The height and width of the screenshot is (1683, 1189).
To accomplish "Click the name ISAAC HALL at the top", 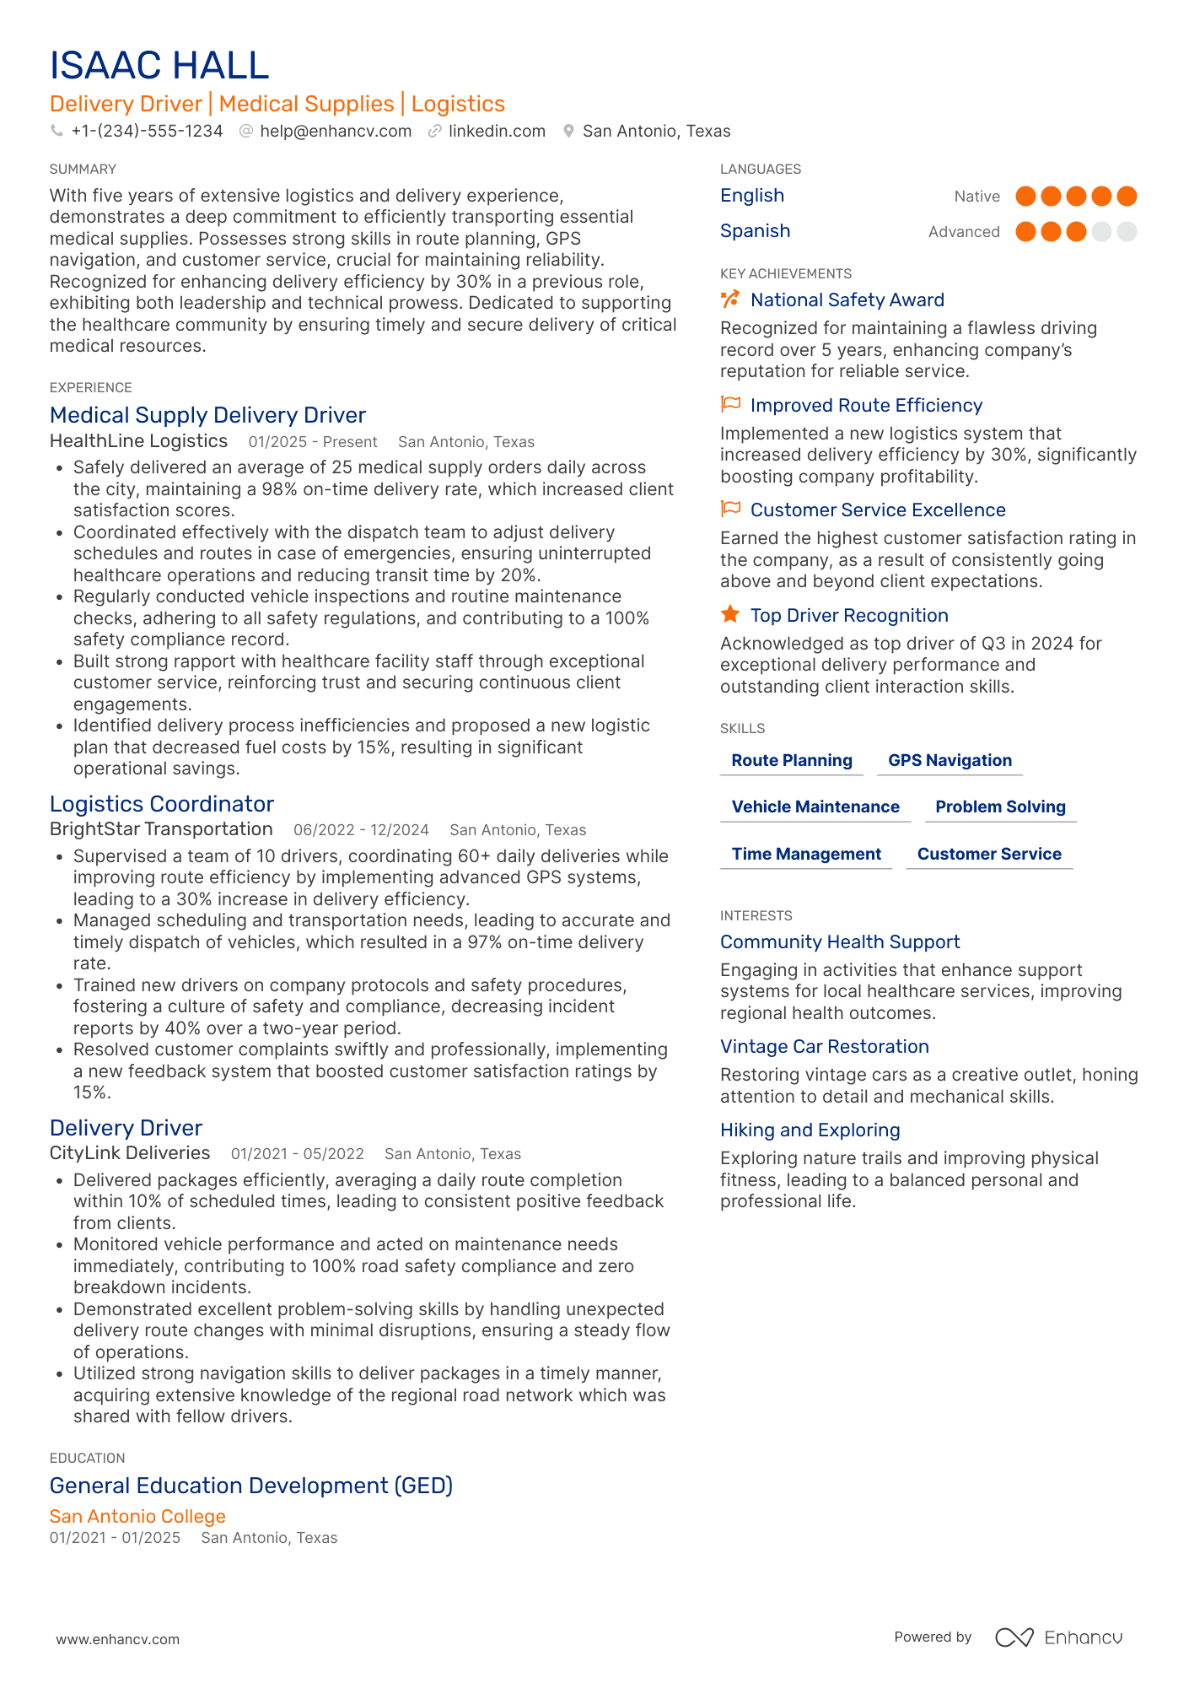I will click(159, 66).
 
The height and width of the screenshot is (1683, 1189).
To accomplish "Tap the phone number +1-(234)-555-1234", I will click(147, 132).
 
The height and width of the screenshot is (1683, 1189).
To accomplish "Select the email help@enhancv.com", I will click(336, 132).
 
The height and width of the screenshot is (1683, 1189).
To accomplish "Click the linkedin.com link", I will click(497, 132).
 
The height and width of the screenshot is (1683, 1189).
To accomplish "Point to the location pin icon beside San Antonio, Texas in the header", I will click(569, 132).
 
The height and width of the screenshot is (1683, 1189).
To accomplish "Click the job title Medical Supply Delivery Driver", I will click(207, 415).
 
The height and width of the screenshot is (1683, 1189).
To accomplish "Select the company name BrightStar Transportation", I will click(161, 829).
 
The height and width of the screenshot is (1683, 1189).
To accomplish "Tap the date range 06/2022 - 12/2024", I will click(361, 830).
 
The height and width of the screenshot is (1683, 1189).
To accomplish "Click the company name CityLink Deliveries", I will click(130, 1153).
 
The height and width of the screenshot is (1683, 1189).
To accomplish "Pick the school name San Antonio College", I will click(137, 1516).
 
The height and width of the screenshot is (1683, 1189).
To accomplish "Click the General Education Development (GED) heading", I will click(251, 1486).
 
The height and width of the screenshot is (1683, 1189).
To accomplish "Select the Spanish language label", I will click(755, 231).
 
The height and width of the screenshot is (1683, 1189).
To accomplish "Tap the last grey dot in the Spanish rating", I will click(1127, 231).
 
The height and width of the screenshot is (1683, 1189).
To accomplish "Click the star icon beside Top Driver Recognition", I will click(730, 615).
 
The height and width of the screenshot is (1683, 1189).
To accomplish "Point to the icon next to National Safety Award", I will click(730, 299).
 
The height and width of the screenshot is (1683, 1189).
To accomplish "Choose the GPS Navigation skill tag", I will click(950, 760).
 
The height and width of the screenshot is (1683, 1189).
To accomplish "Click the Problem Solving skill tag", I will click(1000, 806).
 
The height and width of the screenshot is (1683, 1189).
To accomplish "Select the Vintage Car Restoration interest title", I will click(824, 1047).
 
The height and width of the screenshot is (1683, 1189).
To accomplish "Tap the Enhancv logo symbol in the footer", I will click(1014, 1637).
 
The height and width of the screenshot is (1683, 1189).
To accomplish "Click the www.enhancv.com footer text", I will click(118, 1639).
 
